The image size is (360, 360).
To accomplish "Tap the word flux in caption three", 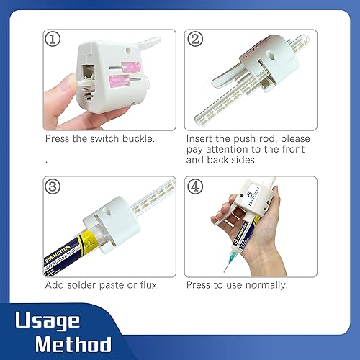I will [148, 284].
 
